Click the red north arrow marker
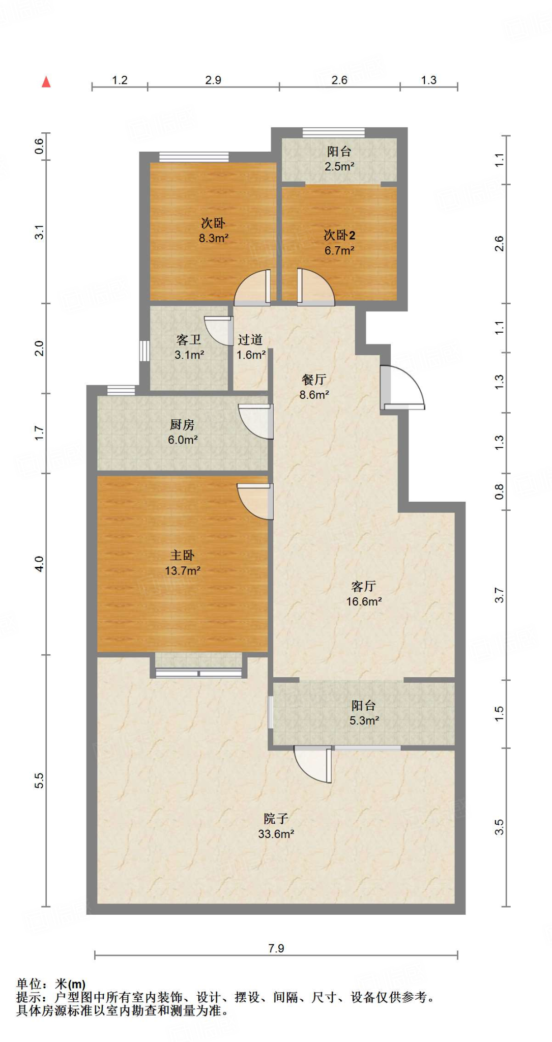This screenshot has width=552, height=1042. pyautogui.click(x=46, y=81)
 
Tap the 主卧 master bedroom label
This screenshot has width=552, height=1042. pyautogui.click(x=182, y=555)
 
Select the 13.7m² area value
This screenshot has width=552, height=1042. pyautogui.click(x=183, y=571)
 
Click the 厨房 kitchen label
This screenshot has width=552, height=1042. pyautogui.click(x=182, y=424)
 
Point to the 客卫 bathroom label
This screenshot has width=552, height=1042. pyautogui.click(x=189, y=339)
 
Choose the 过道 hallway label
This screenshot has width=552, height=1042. pyautogui.click(x=250, y=339)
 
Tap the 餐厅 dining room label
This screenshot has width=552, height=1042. pyautogui.click(x=314, y=379)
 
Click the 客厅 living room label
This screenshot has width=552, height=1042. pyautogui.click(x=364, y=586)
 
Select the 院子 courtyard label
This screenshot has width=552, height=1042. pyautogui.click(x=276, y=818)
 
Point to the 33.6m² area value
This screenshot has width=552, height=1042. pyautogui.click(x=276, y=834)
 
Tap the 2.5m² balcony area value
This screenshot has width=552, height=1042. pyautogui.click(x=339, y=166)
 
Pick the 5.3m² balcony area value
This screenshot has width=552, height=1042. pyautogui.click(x=364, y=720)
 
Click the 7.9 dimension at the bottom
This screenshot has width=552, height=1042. pyautogui.click(x=276, y=948)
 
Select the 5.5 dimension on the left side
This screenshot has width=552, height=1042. pyautogui.click(x=39, y=780)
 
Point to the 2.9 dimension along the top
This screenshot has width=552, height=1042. pyautogui.click(x=213, y=80)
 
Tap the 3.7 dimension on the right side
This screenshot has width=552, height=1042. pyautogui.click(x=499, y=595)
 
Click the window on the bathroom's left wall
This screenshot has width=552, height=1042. pyautogui.click(x=144, y=351)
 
